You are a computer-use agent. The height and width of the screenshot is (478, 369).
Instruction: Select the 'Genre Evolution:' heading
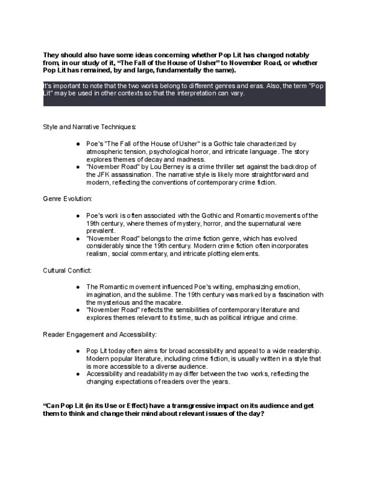[x=68, y=199]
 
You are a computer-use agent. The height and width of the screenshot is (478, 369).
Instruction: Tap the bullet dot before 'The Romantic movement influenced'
[x=78, y=287]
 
